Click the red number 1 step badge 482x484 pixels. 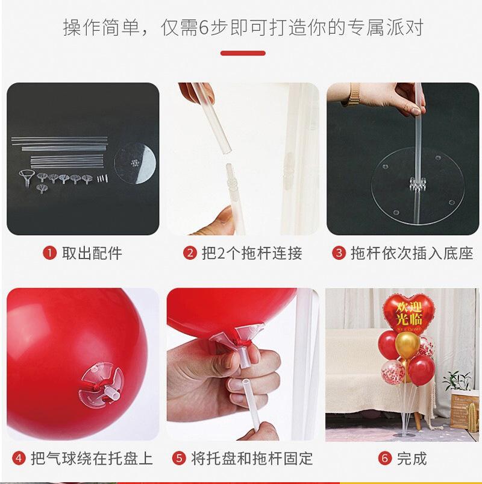point(49,253)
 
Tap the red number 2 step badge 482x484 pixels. point(190,253)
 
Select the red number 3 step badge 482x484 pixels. point(339,253)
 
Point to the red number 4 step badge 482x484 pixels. point(19,458)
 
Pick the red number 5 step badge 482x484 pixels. point(179,458)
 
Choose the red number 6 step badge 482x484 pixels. point(385,458)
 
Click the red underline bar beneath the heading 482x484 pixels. point(243,53)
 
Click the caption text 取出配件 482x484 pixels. point(92,253)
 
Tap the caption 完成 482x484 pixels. point(412,458)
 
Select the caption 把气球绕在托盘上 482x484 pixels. point(92,458)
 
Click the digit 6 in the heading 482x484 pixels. point(204,27)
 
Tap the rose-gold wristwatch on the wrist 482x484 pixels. point(354,94)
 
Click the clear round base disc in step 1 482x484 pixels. point(135,163)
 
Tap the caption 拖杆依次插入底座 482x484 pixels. point(412,253)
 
